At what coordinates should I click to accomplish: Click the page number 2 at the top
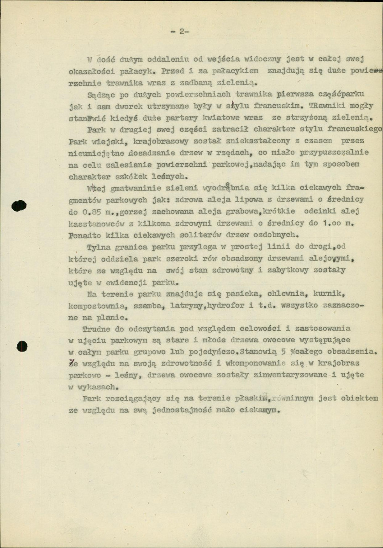click(181, 32)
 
